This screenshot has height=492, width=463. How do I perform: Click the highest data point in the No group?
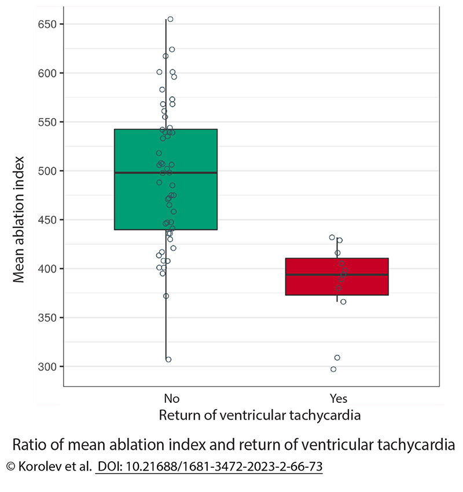(170, 19)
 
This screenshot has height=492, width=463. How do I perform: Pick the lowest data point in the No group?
(168, 359)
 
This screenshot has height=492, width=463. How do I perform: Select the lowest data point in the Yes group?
(333, 369)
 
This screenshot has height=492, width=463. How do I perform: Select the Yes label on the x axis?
(338, 399)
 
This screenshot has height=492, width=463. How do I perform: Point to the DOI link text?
(210, 466)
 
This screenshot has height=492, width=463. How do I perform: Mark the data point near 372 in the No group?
(166, 296)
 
